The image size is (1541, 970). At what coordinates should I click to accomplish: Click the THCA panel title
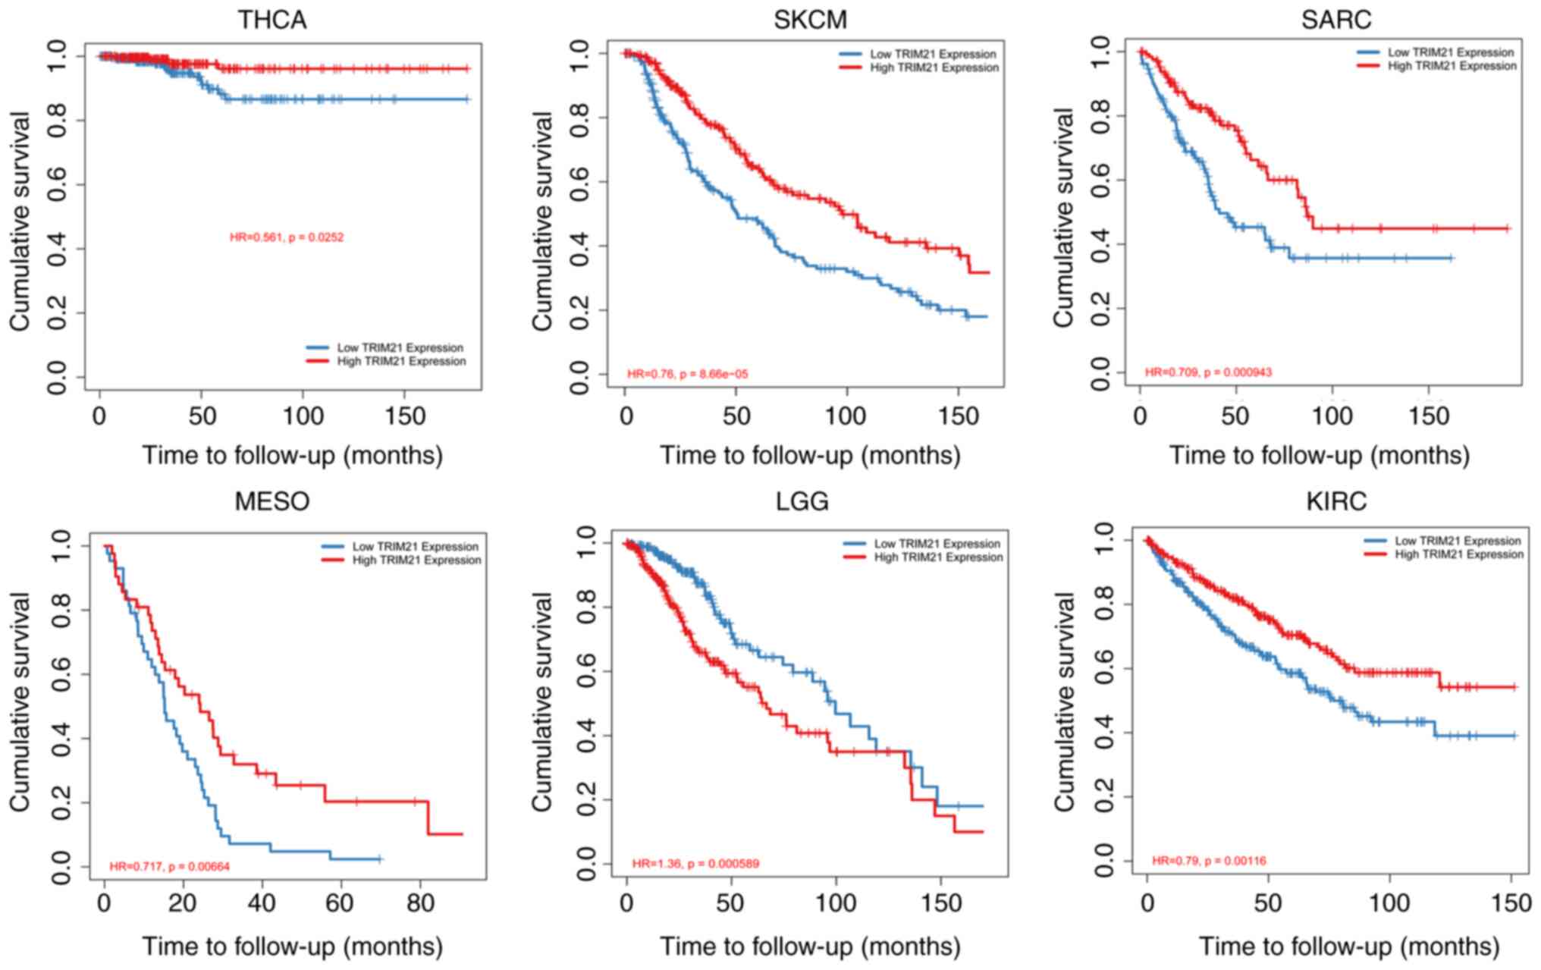(272, 19)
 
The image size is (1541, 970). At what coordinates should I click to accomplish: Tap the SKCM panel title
(810, 19)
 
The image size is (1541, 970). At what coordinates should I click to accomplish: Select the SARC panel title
(1336, 19)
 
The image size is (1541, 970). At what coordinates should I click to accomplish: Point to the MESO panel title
(272, 501)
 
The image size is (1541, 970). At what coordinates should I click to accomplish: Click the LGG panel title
(802, 501)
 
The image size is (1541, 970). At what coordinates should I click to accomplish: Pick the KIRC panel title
(1336, 501)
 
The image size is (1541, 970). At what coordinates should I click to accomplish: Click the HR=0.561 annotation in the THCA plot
(287, 237)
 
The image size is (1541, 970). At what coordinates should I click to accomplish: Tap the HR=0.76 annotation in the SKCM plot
(687, 374)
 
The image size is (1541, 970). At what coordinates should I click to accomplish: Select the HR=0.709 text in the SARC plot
(1208, 372)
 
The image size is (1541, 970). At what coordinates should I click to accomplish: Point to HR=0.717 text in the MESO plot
(169, 866)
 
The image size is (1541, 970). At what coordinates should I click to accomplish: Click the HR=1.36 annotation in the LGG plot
(695, 864)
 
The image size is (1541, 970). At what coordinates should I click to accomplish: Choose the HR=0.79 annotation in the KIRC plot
(1209, 861)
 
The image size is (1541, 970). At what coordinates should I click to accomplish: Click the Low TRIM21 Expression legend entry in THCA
(400, 348)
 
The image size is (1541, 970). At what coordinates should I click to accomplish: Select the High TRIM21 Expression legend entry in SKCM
(934, 67)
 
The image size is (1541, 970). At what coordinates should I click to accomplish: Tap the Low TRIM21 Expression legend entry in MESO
(415, 547)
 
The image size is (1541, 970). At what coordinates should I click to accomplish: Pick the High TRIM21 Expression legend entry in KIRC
(1458, 554)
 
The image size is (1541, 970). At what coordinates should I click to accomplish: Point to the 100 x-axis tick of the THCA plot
(303, 416)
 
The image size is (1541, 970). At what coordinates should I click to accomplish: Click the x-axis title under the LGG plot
(809, 946)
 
